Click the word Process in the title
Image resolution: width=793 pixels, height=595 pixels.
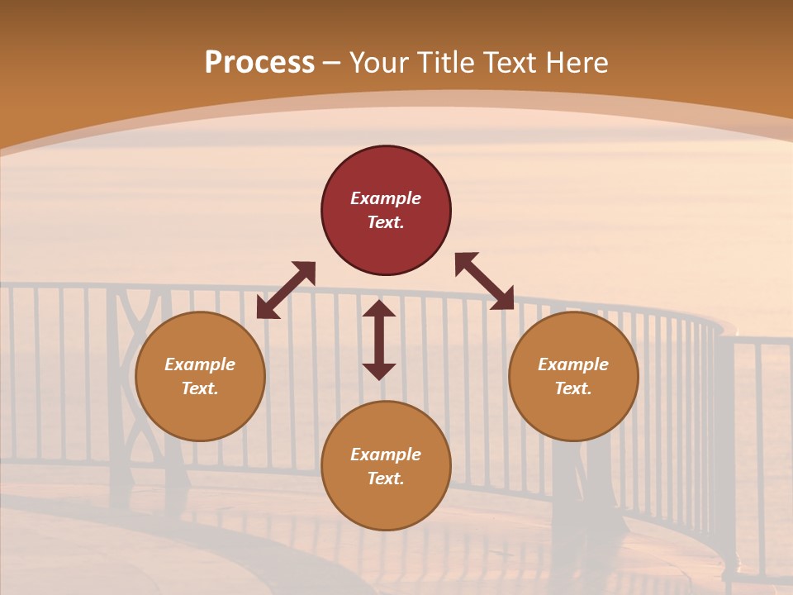point(259,63)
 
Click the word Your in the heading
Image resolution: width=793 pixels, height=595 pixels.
point(382,63)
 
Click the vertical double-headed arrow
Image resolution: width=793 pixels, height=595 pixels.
point(379,340)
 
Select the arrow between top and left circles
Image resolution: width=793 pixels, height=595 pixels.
point(286,290)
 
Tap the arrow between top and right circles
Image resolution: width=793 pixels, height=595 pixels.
point(484,281)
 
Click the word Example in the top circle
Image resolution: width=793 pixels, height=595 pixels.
point(386,198)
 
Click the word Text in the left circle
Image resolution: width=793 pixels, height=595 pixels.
point(200,388)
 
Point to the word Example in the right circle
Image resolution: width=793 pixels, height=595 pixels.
point(573,364)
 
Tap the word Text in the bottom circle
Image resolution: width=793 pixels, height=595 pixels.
point(386,478)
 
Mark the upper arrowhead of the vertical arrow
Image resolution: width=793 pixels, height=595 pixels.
point(379,310)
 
